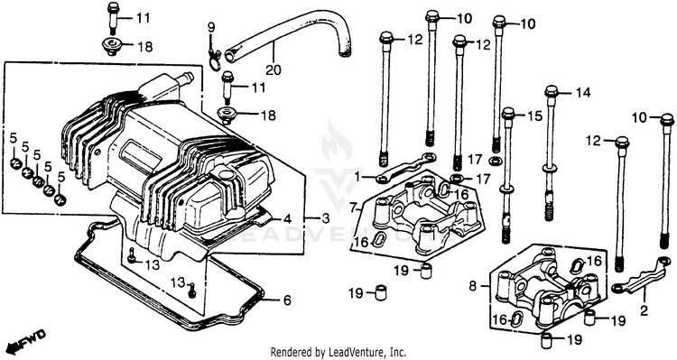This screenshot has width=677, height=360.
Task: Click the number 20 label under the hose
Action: coord(274,69)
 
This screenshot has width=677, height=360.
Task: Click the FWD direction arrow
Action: coord(28,340)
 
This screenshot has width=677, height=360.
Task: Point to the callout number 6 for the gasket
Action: coord(287,300)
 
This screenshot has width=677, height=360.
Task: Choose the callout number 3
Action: coord(325,218)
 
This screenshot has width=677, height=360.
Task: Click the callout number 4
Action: coord(287,219)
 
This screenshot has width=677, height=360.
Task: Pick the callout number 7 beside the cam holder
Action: coord(354,208)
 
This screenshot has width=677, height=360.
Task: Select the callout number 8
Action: coord(473,285)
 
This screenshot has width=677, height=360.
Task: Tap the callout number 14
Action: coord(583,92)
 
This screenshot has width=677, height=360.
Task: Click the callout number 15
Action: coord(534,115)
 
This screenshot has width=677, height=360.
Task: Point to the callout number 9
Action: coord(211,28)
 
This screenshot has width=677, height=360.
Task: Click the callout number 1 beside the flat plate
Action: coord(357,177)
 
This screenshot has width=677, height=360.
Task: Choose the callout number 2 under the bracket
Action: coord(644,310)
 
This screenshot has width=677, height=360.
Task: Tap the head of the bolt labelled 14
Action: coord(552,92)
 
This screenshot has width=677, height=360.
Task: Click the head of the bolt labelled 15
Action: coord(508,115)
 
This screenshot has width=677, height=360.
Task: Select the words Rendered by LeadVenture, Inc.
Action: coord(338,352)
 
